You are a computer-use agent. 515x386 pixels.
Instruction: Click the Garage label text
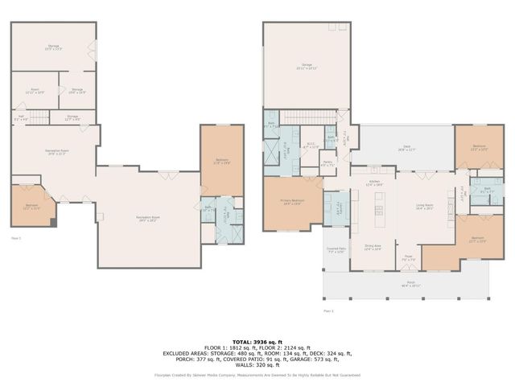[307, 66]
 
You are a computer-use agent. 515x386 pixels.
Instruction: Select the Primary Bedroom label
[292, 202]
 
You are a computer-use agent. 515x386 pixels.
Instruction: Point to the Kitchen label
[374, 183]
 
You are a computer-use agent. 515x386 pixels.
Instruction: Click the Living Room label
[424, 207]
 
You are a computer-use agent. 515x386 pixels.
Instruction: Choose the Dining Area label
[373, 247]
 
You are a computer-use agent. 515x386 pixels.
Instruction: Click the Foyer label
[408, 260]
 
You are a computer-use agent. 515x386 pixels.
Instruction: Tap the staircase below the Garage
[309, 120]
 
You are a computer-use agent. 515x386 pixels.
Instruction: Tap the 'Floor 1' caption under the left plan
[15, 238]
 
